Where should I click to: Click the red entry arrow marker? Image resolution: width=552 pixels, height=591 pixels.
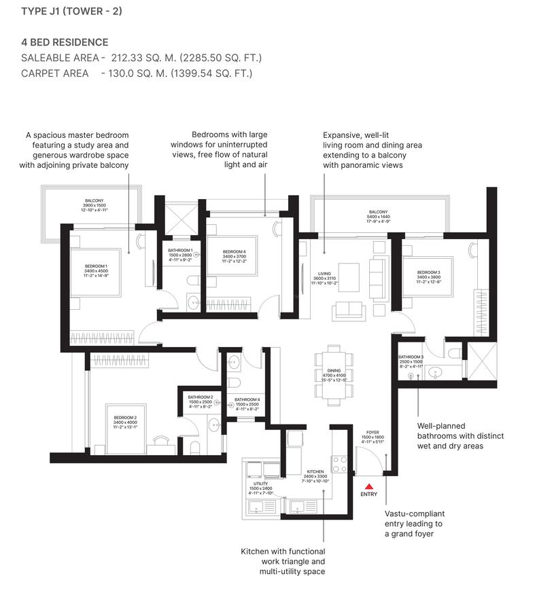point(368,485)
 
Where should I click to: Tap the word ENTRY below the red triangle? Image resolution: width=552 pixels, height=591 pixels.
point(368,495)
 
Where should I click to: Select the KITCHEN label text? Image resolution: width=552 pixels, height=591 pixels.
point(315,471)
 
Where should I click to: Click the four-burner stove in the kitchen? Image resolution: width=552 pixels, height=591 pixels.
point(339,464)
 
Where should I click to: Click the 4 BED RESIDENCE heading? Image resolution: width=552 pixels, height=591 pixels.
point(65,42)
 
